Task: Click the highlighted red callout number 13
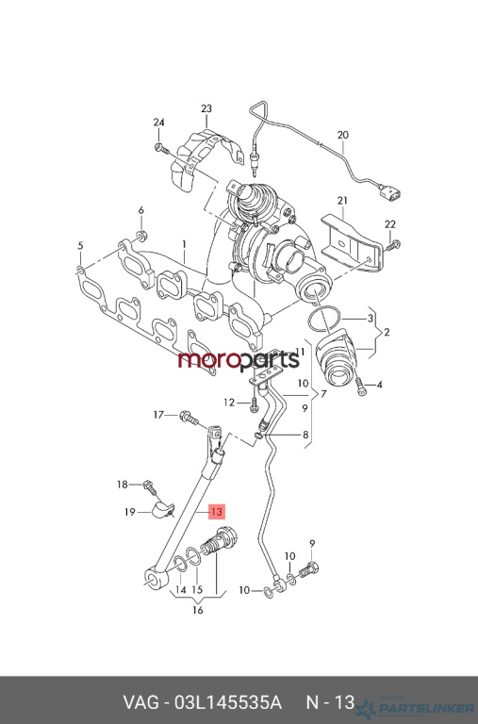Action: click(216, 512)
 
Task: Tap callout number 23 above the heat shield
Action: click(206, 109)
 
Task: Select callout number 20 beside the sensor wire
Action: click(342, 136)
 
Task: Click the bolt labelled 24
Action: click(159, 147)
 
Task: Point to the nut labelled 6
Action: click(141, 235)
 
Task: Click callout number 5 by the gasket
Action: click(80, 246)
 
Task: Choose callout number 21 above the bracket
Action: click(342, 201)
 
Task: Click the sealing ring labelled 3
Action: click(325, 318)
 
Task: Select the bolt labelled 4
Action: click(361, 386)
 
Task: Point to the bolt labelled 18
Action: click(150, 487)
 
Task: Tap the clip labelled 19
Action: click(163, 511)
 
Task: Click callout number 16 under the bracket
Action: click(198, 611)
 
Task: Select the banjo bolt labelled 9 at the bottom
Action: click(309, 569)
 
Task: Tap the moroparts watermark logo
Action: click(239, 360)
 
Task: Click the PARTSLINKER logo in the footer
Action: click(416, 707)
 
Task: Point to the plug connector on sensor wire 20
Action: click(389, 192)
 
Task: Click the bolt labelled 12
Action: click(254, 405)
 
